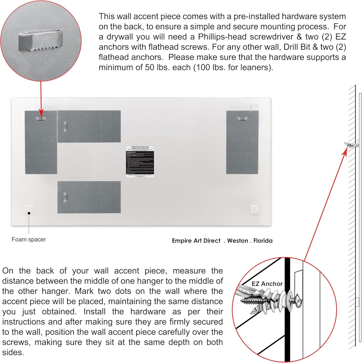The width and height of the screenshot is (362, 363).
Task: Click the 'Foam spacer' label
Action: click(29, 240)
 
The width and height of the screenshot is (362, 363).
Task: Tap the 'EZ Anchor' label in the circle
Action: click(267, 284)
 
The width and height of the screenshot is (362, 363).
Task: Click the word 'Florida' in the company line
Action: click(263, 241)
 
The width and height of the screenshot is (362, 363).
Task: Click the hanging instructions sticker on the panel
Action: click(140, 162)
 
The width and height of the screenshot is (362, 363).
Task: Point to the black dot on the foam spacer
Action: click(29, 213)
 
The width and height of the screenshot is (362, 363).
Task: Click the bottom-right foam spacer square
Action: click(255, 210)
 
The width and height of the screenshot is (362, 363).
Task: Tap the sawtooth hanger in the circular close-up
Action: click(41, 40)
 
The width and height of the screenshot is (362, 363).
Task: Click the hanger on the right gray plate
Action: click(242, 118)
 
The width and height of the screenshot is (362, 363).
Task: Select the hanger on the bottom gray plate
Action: click(65, 197)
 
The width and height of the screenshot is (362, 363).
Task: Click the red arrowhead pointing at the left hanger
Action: click(41, 113)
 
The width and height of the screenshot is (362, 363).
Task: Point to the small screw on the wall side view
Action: click(351, 145)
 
